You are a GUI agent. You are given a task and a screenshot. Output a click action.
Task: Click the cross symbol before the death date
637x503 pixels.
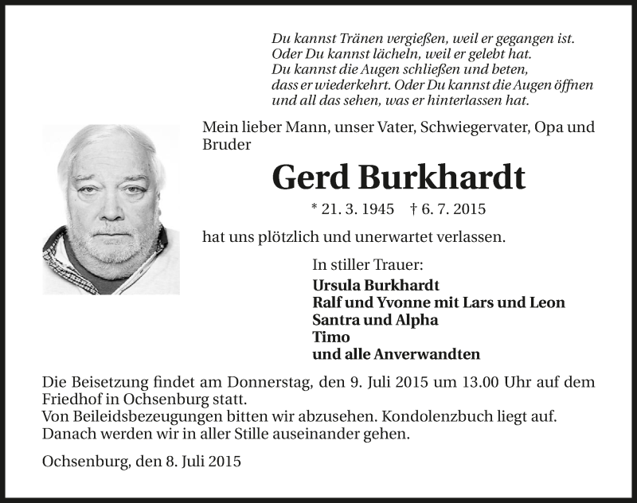point(414,209)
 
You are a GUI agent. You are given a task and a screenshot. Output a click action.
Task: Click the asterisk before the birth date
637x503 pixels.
point(315,209)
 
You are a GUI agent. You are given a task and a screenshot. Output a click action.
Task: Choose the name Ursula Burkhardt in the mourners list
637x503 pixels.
point(377,285)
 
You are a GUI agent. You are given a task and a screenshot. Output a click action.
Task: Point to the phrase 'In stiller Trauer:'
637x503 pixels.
point(367,265)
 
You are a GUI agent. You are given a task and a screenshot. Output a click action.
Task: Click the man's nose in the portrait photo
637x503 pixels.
point(111,210)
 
